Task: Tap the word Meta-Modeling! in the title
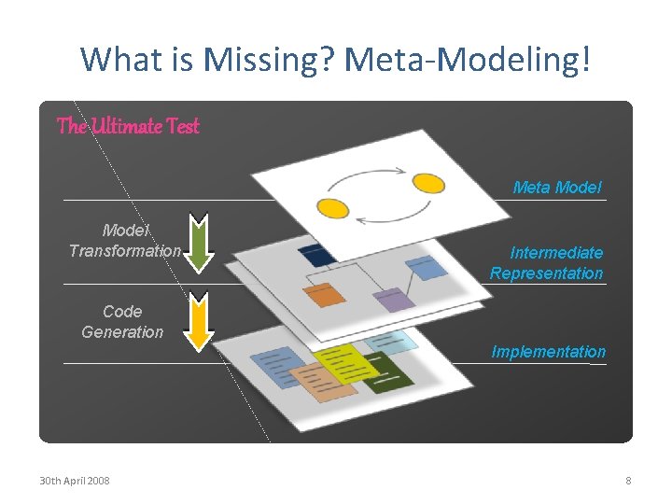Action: (468, 60)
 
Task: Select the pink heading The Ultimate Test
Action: (128, 126)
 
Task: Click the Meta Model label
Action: (557, 188)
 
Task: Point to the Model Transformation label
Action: (124, 241)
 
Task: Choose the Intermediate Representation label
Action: (547, 263)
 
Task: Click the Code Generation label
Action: (122, 322)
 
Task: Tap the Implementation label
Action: (549, 352)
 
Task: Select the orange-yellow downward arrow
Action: (197, 321)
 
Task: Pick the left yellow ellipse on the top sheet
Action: (333, 207)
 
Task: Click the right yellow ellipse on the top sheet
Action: (428, 182)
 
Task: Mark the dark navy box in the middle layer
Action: (317, 253)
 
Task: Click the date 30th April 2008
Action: (74, 481)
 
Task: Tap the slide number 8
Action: (628, 481)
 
